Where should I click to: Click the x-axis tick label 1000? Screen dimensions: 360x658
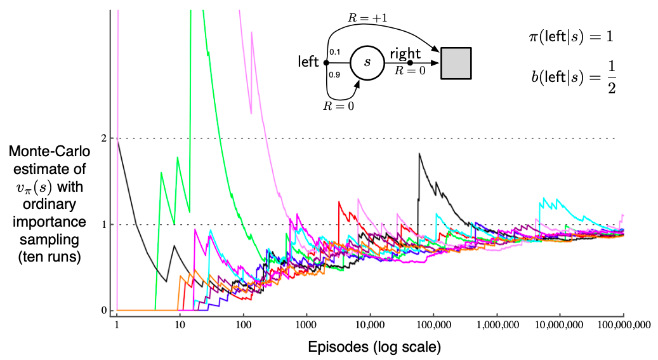[x=306, y=324]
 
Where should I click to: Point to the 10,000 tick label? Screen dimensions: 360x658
[x=370, y=324]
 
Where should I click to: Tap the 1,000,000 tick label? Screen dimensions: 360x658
[x=497, y=324]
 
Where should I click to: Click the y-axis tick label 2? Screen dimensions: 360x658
[x=102, y=138]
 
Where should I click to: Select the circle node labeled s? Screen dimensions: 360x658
[x=367, y=63]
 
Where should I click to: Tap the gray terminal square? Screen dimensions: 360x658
[x=456, y=63]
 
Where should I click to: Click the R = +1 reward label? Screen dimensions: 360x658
[x=367, y=20]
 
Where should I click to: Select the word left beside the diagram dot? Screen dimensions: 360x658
[x=310, y=62]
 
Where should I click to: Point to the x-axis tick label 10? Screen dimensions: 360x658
[x=180, y=324]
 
